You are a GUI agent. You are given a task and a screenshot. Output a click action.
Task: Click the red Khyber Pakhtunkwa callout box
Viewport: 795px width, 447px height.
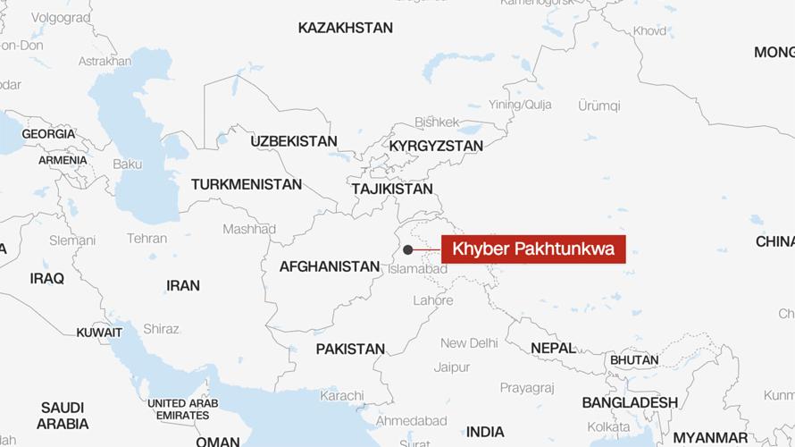(533, 249)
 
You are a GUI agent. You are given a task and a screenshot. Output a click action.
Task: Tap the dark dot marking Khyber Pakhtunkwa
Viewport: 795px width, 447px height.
(407, 249)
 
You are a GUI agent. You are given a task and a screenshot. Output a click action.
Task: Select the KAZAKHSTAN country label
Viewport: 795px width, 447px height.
(345, 28)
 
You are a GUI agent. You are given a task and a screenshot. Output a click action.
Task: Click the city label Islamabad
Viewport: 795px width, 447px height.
(417, 268)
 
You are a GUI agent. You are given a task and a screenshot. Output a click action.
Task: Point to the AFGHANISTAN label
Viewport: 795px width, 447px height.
(330, 266)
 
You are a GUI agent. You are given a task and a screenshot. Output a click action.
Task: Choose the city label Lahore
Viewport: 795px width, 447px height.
(433, 300)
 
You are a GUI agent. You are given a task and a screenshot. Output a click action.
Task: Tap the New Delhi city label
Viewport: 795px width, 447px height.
(469, 343)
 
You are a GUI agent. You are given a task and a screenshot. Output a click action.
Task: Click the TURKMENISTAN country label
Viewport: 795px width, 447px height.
(247, 184)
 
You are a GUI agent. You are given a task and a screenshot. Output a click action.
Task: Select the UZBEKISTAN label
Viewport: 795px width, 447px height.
(294, 141)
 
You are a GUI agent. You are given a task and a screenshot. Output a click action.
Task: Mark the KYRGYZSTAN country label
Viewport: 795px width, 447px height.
(436, 146)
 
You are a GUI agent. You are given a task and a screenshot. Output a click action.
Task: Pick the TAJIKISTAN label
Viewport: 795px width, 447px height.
(392, 189)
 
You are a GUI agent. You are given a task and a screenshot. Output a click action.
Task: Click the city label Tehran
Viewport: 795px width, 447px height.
(146, 239)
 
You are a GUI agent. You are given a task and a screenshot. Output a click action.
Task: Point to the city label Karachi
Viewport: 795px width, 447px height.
(342, 395)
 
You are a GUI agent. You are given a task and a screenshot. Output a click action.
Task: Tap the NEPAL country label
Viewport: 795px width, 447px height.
(553, 348)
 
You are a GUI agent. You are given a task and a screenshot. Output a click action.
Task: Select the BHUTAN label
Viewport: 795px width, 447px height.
(634, 360)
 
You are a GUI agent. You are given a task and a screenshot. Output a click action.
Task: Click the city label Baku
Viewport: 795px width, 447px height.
(128, 164)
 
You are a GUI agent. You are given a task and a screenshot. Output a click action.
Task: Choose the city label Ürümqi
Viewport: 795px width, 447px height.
(598, 105)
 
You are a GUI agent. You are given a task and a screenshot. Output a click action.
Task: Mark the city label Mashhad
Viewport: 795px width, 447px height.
(249, 229)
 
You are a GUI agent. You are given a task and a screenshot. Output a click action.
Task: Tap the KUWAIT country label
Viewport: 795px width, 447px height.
(99, 333)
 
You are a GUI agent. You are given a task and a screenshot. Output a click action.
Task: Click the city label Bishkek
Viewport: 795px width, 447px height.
(437, 122)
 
